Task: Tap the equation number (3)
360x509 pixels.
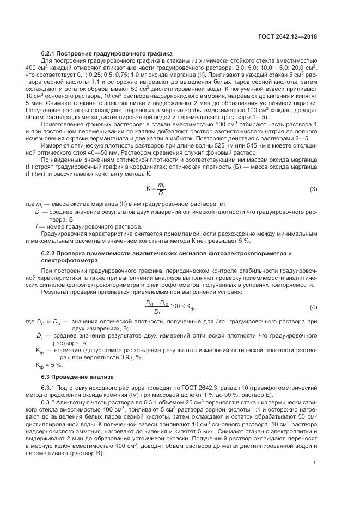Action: tap(313, 189)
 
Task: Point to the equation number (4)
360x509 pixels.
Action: tap(313, 308)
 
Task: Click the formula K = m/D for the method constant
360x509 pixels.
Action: tap(157, 189)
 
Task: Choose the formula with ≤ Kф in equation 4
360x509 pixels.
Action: tap(169, 308)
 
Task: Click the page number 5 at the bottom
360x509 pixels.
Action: tap(315, 448)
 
